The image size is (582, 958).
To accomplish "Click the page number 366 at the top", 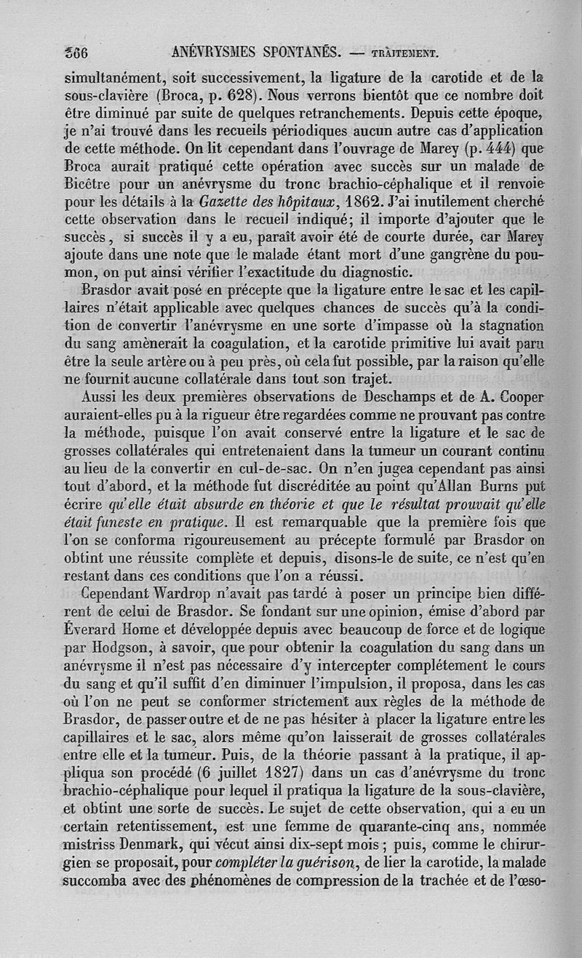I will [76, 52].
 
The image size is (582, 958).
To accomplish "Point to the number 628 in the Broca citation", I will [239, 94].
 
